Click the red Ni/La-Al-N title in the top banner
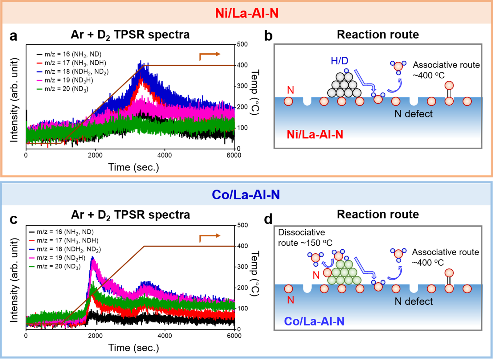coord(247,13)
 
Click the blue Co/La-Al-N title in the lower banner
coord(246,195)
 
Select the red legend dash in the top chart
coord(39,63)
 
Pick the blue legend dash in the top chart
coord(39,72)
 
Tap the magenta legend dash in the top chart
coord(39,80)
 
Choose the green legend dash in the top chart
coord(39,89)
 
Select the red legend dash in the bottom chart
coord(31,241)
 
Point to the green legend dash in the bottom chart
coord(31,267)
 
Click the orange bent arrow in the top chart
coord(210,56)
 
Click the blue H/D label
coord(339,61)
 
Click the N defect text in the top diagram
coord(414,114)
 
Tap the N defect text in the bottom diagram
coord(414,301)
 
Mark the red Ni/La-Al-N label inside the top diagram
coord(315,135)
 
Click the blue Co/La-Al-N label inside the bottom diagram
coord(314,321)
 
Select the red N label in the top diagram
coord(291,90)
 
